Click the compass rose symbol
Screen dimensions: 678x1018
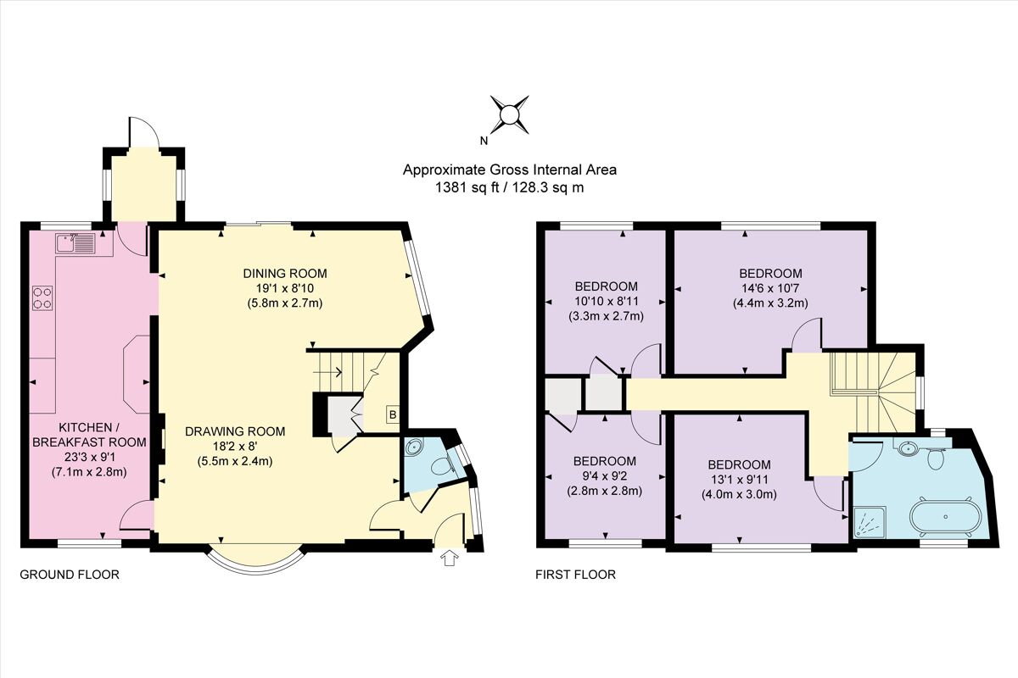(509, 114)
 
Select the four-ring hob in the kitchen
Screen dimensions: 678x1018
(43, 297)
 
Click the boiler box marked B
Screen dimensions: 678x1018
(393, 414)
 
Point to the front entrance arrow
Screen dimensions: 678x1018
(449, 558)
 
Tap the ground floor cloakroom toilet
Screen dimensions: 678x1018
(440, 466)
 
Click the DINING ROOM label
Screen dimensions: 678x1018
(285, 273)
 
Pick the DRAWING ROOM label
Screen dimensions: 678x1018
(235, 431)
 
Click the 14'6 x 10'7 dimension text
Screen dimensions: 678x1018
(770, 288)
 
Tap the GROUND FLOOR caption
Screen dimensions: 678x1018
(70, 575)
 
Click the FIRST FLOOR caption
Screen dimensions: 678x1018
(575, 575)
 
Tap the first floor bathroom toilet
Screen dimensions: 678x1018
(936, 458)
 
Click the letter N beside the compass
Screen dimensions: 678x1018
(483, 141)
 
